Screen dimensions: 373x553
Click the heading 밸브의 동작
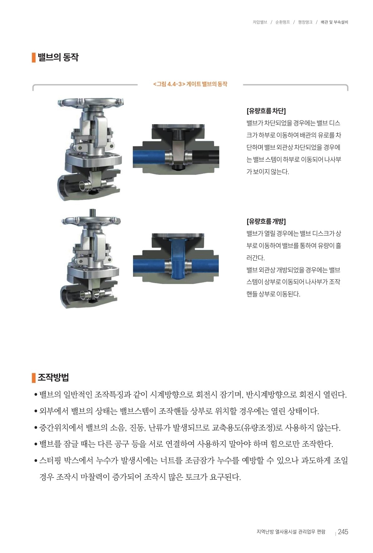point(58,57)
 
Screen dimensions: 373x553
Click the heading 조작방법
point(53,378)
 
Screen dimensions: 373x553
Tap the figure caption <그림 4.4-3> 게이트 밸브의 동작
point(190,84)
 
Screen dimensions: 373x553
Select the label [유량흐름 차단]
point(266,111)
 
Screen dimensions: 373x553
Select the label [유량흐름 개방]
point(266,221)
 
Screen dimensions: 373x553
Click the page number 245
point(343,531)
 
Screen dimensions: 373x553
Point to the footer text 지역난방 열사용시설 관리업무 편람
point(291,531)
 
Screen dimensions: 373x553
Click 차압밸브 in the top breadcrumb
point(260,22)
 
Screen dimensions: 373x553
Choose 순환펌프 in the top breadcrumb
point(283,22)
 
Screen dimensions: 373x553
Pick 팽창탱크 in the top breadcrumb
point(305,22)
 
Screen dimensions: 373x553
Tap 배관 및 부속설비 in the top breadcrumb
point(334,22)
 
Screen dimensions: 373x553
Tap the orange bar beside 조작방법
point(34,378)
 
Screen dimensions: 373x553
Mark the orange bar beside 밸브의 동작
point(34,57)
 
